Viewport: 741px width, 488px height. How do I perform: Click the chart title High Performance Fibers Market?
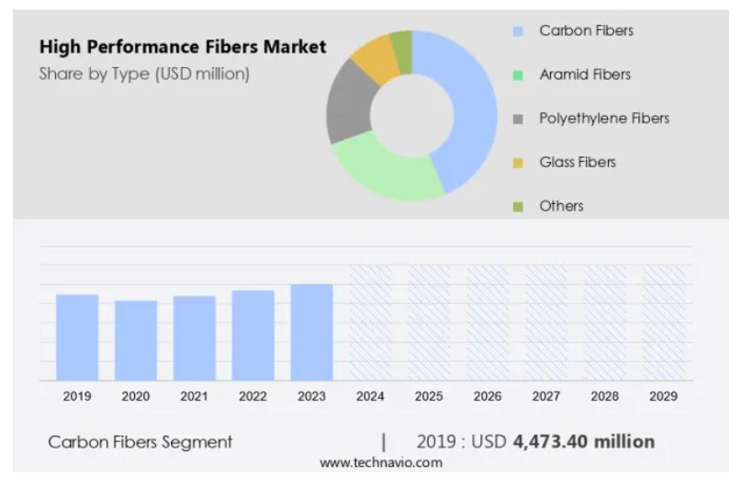pos(182,47)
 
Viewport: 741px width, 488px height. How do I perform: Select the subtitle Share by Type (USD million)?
pos(143,74)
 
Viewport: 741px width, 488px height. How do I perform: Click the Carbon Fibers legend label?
pos(586,31)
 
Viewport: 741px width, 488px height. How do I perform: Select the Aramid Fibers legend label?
pos(585,74)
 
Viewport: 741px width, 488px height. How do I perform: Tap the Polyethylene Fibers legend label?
pos(604,119)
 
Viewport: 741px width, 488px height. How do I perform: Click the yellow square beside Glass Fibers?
pos(518,164)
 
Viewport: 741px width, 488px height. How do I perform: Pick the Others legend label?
pos(561,206)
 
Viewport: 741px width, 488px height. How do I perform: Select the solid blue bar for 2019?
pos(77,337)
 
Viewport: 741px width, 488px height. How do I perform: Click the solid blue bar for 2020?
pos(136,340)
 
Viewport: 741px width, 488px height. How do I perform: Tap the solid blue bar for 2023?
pos(311,332)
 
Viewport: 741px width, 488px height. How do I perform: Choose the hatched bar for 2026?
pos(488,323)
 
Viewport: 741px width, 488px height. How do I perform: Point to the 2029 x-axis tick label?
pos(663,396)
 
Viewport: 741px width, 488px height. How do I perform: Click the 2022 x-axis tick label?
pos(253,396)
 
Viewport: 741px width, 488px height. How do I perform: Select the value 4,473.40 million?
pos(583,442)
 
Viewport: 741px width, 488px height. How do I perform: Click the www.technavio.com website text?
pos(380,462)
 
